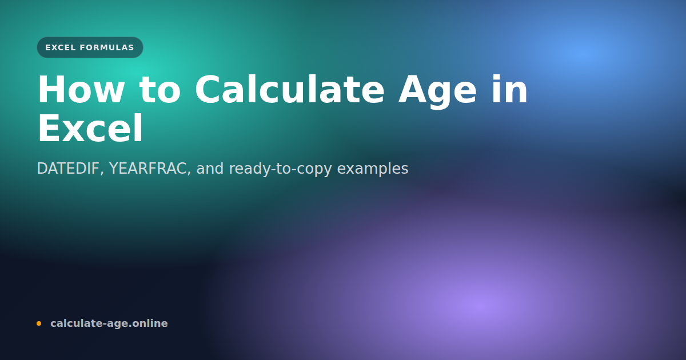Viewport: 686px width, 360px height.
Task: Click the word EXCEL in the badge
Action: coord(61,47)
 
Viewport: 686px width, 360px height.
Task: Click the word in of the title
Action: coord(508,90)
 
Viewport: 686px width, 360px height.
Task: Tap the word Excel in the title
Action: coord(90,129)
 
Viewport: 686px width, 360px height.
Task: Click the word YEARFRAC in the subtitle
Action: coord(150,169)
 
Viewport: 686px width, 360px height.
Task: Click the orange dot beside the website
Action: coord(39,323)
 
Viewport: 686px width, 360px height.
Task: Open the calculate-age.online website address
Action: coord(109,323)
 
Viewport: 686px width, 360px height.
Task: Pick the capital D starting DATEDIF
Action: coord(41,169)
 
